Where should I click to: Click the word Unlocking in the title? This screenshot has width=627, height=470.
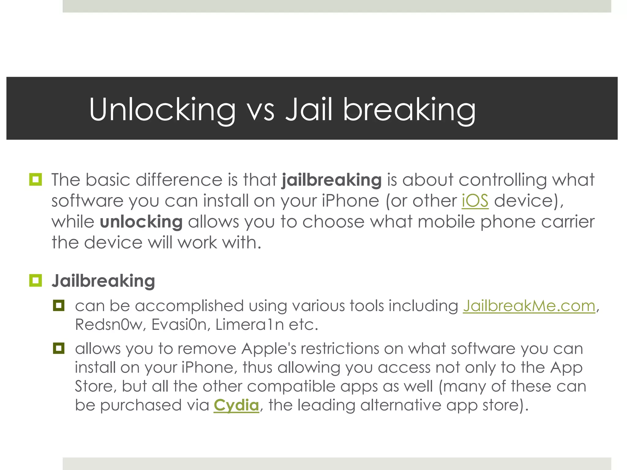[x=162, y=110]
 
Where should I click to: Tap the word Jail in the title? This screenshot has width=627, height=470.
[x=309, y=110]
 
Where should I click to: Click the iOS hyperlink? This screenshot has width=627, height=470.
[x=475, y=201]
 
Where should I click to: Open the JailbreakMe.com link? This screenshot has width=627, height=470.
[x=529, y=306]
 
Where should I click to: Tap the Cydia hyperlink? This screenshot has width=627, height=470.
[x=236, y=405]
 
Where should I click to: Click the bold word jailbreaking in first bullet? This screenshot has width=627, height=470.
[x=332, y=180]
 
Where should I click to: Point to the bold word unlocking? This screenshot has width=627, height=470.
[x=141, y=222]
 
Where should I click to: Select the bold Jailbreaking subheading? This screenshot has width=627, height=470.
[x=103, y=281]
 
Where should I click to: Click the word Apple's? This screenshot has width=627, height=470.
[x=269, y=349]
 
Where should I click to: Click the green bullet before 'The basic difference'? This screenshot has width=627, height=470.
[x=36, y=179]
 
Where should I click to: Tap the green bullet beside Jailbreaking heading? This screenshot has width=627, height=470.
[x=36, y=280]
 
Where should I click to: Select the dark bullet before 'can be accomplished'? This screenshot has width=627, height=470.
[x=58, y=305]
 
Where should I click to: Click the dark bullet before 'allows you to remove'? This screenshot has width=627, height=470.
[x=58, y=348]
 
